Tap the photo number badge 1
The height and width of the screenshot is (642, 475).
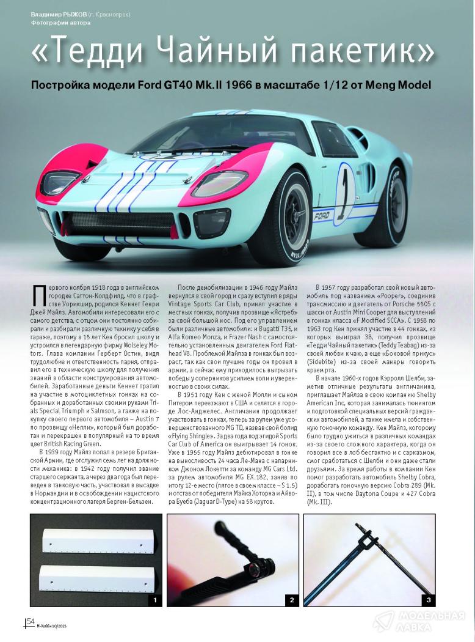coord(155,600)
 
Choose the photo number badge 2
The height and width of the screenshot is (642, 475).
coord(291,600)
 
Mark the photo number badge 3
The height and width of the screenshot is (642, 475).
coord(429,600)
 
